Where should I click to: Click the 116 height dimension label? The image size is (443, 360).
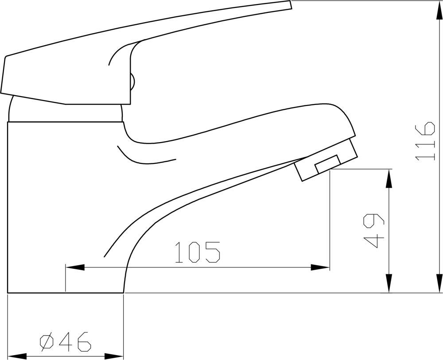coord(425,141)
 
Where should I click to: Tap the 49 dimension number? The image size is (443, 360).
coord(374,230)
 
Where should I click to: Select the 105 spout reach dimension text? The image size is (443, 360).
coord(198,252)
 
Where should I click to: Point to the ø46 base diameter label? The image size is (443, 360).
coord(66,342)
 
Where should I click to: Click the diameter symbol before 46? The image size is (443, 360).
coord(47,342)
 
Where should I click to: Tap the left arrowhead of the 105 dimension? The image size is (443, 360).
coord(75,267)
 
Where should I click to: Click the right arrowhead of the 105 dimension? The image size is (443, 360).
coord(320,267)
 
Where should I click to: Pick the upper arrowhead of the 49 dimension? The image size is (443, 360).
coord(389,178)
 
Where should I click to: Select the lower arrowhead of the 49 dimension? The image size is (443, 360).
coord(389,283)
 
